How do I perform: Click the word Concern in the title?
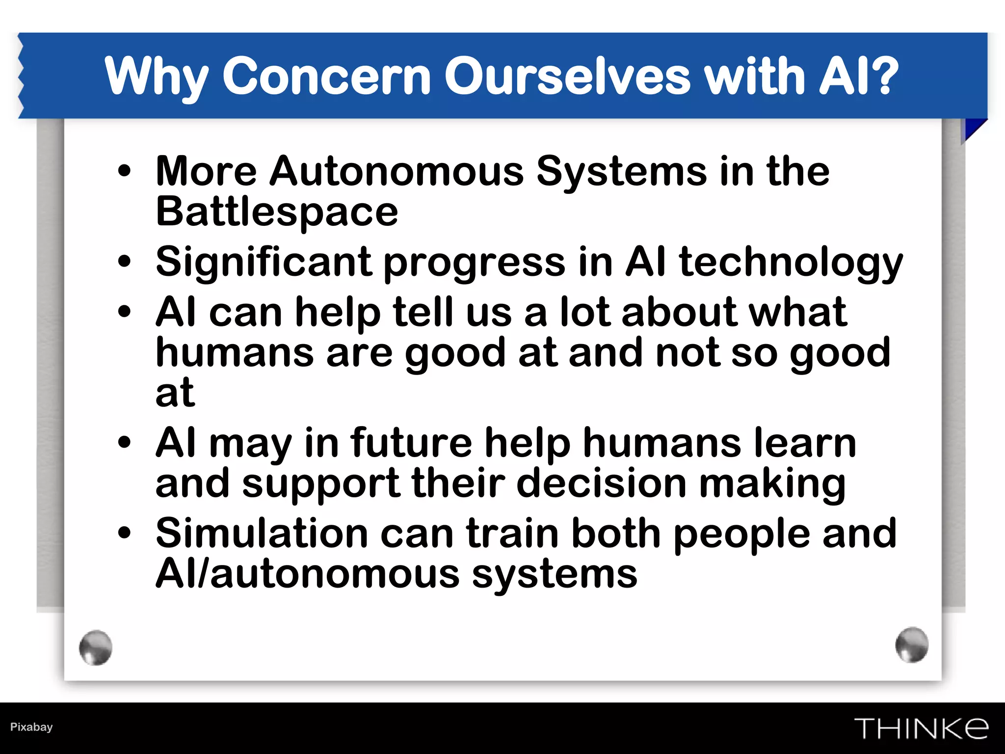[326, 76]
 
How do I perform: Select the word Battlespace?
[277, 212]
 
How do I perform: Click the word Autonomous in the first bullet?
[397, 171]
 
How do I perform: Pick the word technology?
[791, 263]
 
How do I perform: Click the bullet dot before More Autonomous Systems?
[125, 171]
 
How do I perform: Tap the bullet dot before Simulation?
[125, 533]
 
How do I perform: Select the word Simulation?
[262, 533]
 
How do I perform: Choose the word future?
[411, 443]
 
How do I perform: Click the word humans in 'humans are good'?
[235, 352]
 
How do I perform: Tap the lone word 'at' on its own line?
[175, 393]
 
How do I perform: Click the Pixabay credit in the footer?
[31, 727]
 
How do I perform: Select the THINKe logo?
[921, 728]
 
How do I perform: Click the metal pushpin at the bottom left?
[96, 647]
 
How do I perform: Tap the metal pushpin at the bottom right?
[912, 645]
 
